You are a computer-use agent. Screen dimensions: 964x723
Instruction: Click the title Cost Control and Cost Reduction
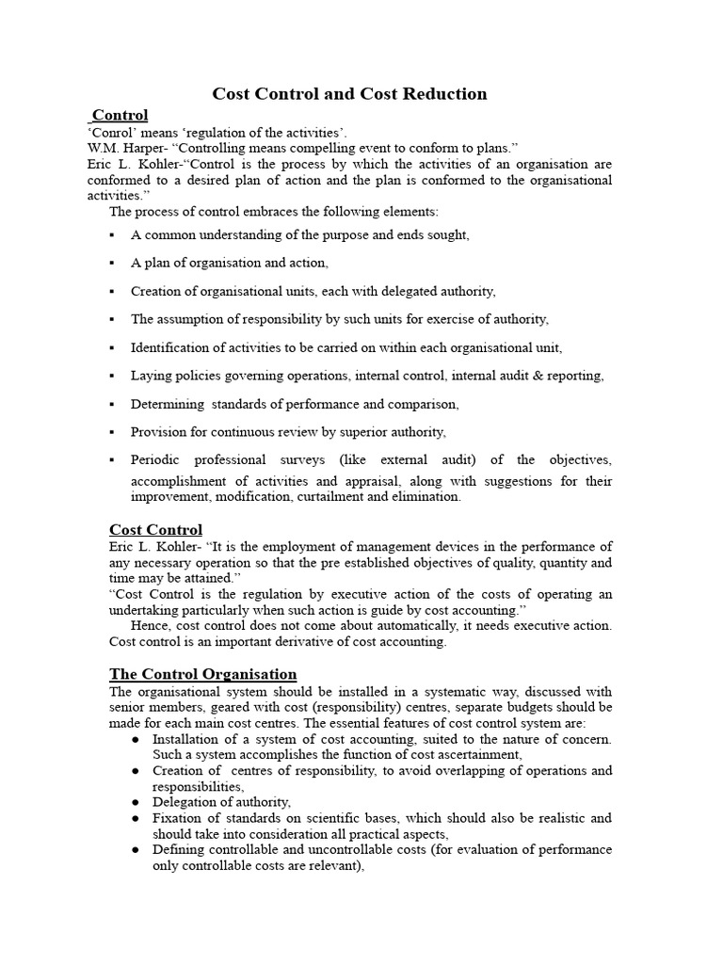pyautogui.click(x=349, y=93)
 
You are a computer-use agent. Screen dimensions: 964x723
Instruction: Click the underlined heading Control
pyautogui.click(x=120, y=115)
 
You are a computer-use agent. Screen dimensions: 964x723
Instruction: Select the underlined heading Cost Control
pyautogui.click(x=155, y=529)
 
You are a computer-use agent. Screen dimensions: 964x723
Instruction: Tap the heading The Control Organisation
pyautogui.click(x=202, y=674)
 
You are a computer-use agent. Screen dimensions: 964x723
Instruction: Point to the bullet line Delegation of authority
pyautogui.click(x=221, y=802)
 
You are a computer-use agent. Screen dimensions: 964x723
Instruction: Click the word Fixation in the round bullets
pyautogui.click(x=177, y=818)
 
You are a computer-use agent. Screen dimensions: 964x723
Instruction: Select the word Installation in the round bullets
pyautogui.click(x=186, y=739)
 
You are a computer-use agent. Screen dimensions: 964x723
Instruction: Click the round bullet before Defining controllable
pyautogui.click(x=137, y=850)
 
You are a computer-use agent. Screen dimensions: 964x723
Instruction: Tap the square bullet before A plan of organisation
pyautogui.click(x=112, y=264)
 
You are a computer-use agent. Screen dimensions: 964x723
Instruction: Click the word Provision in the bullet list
pyautogui.click(x=160, y=432)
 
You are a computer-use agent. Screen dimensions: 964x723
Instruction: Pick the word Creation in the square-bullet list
pyautogui.click(x=156, y=291)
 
